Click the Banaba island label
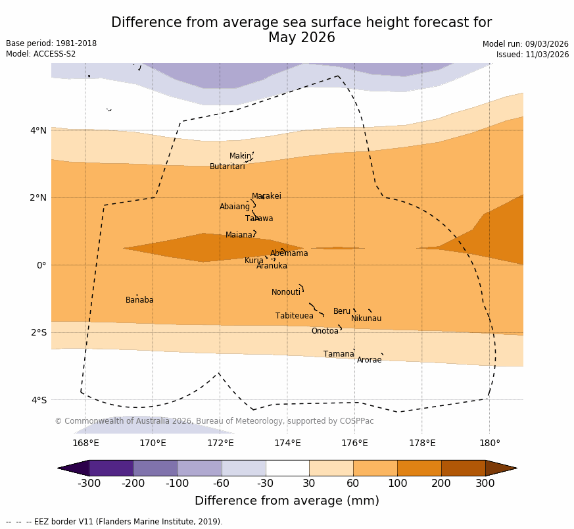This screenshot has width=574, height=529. coord(139,300)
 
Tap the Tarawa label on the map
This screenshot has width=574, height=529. coord(259,218)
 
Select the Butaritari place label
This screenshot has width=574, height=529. coord(227,166)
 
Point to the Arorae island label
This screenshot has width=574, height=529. coord(369,360)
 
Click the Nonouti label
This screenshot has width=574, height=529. coord(286,292)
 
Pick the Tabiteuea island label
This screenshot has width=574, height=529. coord(295,316)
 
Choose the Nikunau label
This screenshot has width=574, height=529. coord(366,318)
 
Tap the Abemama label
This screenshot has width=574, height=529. coord(289,253)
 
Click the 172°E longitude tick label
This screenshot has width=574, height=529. coord(220,443)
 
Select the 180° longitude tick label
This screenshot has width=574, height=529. coord(489,443)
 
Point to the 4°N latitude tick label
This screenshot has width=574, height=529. coord(39,130)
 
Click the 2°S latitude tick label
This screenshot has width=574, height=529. coord(39,332)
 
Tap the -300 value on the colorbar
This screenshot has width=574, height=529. coord(89,484)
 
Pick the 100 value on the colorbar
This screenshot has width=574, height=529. coord(397,484)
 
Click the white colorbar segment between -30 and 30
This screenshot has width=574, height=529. coord(287,468)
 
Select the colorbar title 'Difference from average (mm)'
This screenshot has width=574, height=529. coord(287,501)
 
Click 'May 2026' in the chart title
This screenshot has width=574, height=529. coord(301,38)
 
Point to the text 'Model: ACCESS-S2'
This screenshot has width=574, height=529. coord(41,54)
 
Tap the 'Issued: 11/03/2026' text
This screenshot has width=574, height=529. coord(533,55)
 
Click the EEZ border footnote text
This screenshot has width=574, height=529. coord(114,522)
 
